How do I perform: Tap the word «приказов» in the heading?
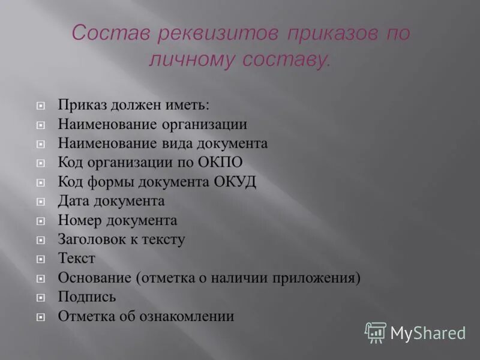(x=321, y=34)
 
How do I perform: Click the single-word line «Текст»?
(x=76, y=259)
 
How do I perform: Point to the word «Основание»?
(x=95, y=278)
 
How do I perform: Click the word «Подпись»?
(x=87, y=297)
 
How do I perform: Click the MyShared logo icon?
(x=376, y=332)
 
